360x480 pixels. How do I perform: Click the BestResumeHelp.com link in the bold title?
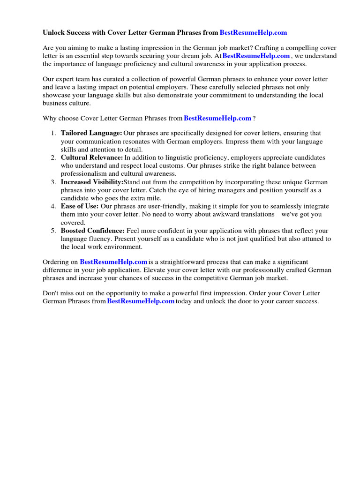[253, 32]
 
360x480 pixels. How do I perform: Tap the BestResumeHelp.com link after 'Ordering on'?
[113, 262]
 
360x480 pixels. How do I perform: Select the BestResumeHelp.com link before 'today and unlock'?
[141, 301]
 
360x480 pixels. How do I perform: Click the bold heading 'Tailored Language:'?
[91, 134]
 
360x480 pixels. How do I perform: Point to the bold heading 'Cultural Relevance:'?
[92, 157]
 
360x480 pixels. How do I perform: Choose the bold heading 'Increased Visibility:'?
[92, 182]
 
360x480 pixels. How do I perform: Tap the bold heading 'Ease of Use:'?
[80, 206]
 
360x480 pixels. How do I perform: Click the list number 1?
[53, 134]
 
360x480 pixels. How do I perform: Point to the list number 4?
[53, 206]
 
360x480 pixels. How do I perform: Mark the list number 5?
[53, 231]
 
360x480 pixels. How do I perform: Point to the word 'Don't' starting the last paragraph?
[51, 293]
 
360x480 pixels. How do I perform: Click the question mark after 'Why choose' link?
[255, 118]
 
